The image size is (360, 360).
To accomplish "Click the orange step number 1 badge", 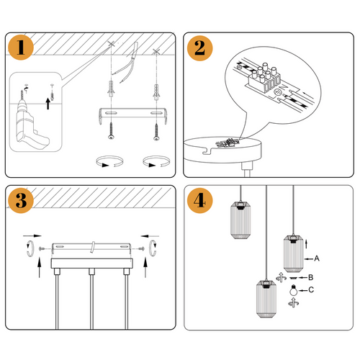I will pos(23,49).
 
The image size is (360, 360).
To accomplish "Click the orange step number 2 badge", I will pos(199,49).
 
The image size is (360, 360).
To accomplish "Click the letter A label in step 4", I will pos(316,257).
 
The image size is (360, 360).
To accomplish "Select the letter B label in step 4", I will pos(310,276).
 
